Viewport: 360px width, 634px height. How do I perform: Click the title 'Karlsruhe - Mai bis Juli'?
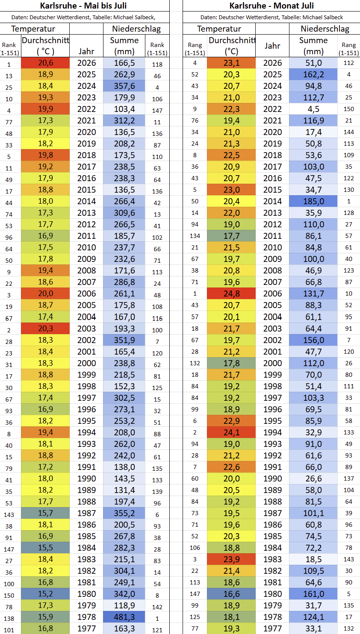point(83,6)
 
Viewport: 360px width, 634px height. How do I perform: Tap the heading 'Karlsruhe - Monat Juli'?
point(271,6)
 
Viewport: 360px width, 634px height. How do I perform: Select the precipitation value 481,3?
point(124,617)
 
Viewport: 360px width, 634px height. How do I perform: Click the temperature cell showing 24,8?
point(231,294)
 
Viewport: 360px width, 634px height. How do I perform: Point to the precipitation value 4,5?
point(313,109)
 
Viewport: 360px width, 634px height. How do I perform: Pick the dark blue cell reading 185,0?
point(313,201)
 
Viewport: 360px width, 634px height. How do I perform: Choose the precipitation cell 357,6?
point(124,86)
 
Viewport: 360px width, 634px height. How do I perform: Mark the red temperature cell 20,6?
point(45,63)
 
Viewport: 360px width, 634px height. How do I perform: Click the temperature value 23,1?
point(231,63)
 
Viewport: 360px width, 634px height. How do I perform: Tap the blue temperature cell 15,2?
point(45,594)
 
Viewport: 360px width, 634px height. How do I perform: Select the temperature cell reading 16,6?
point(231,594)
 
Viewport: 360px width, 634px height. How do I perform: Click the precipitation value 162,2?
point(313,74)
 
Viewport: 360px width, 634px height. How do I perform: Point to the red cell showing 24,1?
point(231,432)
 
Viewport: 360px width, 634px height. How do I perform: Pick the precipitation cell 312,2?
point(124,120)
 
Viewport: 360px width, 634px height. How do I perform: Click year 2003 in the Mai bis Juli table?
point(86,329)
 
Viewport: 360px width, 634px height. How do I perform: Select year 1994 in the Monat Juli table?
point(272,432)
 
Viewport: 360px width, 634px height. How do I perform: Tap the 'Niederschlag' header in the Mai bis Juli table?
point(136,29)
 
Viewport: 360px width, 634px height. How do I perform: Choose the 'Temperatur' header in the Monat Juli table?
point(219,29)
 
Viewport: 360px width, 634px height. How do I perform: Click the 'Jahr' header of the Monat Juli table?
point(272,46)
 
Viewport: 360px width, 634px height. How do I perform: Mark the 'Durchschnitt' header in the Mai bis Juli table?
point(45,41)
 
